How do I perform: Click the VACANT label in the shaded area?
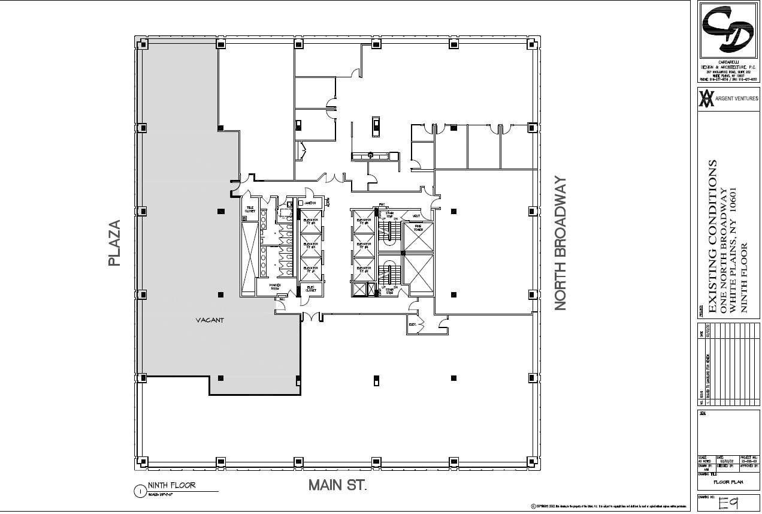[209, 320]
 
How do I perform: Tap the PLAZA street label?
[115, 244]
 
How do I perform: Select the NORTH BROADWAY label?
[560, 243]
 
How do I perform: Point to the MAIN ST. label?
[337, 485]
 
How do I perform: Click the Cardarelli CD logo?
[728, 30]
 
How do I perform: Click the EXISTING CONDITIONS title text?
[713, 236]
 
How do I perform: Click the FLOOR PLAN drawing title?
[728, 482]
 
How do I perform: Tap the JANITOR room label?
[310, 203]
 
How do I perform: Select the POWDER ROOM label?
[275, 287]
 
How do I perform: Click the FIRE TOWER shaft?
[418, 228]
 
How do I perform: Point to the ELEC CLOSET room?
[311, 288]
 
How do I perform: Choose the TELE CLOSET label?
[250, 210]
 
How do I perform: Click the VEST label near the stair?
[416, 216]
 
